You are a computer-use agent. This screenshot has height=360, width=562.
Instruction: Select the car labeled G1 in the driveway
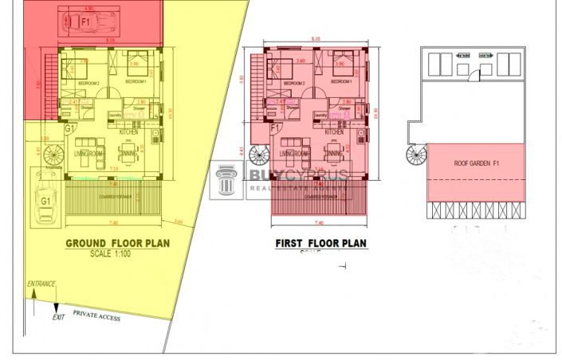[x=45, y=202]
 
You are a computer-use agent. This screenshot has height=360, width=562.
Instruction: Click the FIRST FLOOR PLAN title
[x=321, y=244]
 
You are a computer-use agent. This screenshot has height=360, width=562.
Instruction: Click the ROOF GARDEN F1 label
[x=476, y=163]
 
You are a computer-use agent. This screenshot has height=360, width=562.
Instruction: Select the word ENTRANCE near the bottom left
[x=41, y=284]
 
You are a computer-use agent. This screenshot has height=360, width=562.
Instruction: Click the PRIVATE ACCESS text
[x=100, y=314]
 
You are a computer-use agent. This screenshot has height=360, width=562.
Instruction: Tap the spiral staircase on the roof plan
[x=416, y=153]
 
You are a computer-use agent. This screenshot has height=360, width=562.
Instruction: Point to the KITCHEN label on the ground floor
[x=129, y=131]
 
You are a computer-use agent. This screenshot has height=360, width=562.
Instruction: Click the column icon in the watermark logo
[x=226, y=181]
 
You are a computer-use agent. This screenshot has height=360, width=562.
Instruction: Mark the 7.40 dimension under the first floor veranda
[x=319, y=224]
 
